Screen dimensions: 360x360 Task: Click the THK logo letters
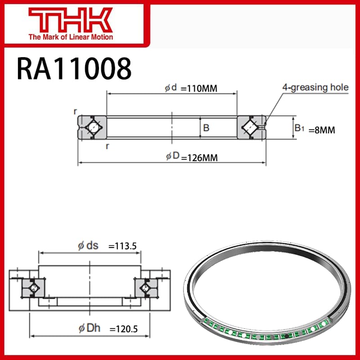pyautogui.click(x=71, y=19)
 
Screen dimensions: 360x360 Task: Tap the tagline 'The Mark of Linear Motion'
pyautogui.click(x=71, y=37)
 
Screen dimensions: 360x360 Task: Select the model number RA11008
pyautogui.click(x=74, y=68)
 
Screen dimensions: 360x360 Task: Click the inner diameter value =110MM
pyautogui.click(x=199, y=88)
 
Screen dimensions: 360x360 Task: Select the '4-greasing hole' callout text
pyautogui.click(x=315, y=87)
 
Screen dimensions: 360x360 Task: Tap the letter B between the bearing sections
pyautogui.click(x=206, y=128)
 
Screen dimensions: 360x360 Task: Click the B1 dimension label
pyautogui.click(x=299, y=129)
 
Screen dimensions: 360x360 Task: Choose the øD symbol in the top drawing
pyautogui.click(x=172, y=157)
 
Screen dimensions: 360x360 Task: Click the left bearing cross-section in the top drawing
pyautogui.click(x=92, y=128)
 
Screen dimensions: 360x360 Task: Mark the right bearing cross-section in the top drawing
pyautogui.click(x=251, y=128)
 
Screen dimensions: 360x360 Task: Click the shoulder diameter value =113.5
pyautogui.click(x=122, y=246)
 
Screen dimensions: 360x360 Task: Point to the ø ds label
pyautogui.click(x=88, y=245)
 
